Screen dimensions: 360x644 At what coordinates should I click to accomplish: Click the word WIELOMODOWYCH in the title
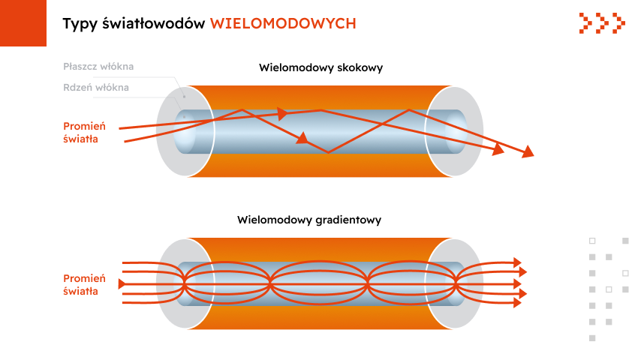(x=283, y=24)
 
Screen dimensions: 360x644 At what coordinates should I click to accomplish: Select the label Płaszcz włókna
(x=98, y=67)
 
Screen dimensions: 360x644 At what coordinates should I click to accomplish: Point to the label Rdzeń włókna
(x=96, y=88)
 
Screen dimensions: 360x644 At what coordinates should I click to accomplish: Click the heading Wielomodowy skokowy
(x=320, y=67)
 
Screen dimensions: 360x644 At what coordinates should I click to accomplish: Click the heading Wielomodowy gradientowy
(x=309, y=220)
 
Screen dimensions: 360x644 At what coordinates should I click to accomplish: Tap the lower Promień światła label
(x=85, y=285)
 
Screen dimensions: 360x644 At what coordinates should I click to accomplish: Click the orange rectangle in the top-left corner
(x=23, y=22)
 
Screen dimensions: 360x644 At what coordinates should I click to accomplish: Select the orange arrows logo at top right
(x=602, y=23)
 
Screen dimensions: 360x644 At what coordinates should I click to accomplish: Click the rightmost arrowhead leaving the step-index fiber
(x=528, y=151)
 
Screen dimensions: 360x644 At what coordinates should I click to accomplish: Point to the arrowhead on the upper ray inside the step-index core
(x=282, y=114)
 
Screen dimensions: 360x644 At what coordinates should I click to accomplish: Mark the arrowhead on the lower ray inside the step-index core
(x=302, y=138)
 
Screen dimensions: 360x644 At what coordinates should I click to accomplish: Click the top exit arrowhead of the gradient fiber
(x=516, y=262)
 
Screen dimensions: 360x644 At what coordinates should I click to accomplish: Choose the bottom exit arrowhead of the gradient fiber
(x=516, y=303)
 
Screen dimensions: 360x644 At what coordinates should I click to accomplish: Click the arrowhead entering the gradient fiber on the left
(x=123, y=283)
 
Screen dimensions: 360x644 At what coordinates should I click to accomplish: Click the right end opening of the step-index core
(x=456, y=132)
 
